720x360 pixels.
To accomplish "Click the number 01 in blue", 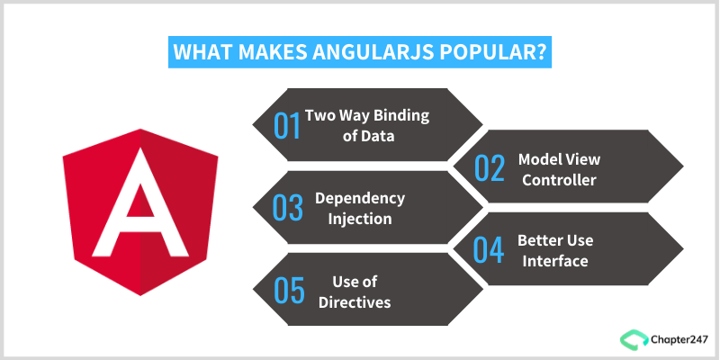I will coord(287,125).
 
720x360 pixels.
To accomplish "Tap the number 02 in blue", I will coord(490,168).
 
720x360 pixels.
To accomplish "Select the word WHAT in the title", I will coord(201,52).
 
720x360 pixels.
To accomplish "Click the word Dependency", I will coord(359,198).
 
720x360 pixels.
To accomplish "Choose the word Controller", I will coord(560,179).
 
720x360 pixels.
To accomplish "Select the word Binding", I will coord(400,115).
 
